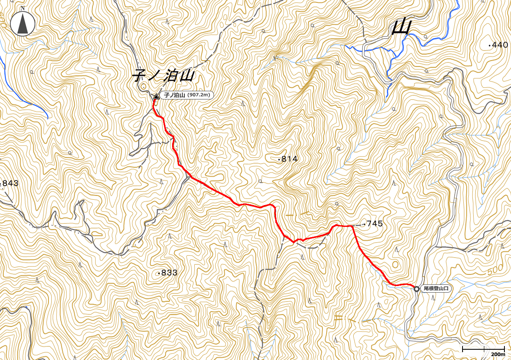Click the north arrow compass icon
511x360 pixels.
[x=23, y=23]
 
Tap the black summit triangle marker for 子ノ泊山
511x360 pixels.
[x=157, y=97]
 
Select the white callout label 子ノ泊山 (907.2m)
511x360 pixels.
[x=187, y=95]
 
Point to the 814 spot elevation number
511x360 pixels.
[x=290, y=159]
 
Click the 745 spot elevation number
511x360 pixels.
[x=375, y=224]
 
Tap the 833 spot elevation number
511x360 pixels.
[x=169, y=272]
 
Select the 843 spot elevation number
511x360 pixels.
[x=11, y=183]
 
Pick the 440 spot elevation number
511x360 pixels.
[x=500, y=45]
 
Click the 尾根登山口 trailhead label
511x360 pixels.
[x=437, y=289]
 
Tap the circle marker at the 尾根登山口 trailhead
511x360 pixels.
[x=417, y=289]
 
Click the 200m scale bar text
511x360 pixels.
[x=498, y=354]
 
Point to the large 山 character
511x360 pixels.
[x=401, y=28]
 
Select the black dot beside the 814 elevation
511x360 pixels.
[x=279, y=159]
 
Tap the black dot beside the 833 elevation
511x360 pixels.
[x=159, y=273]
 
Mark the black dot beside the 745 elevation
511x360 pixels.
[x=364, y=224]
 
